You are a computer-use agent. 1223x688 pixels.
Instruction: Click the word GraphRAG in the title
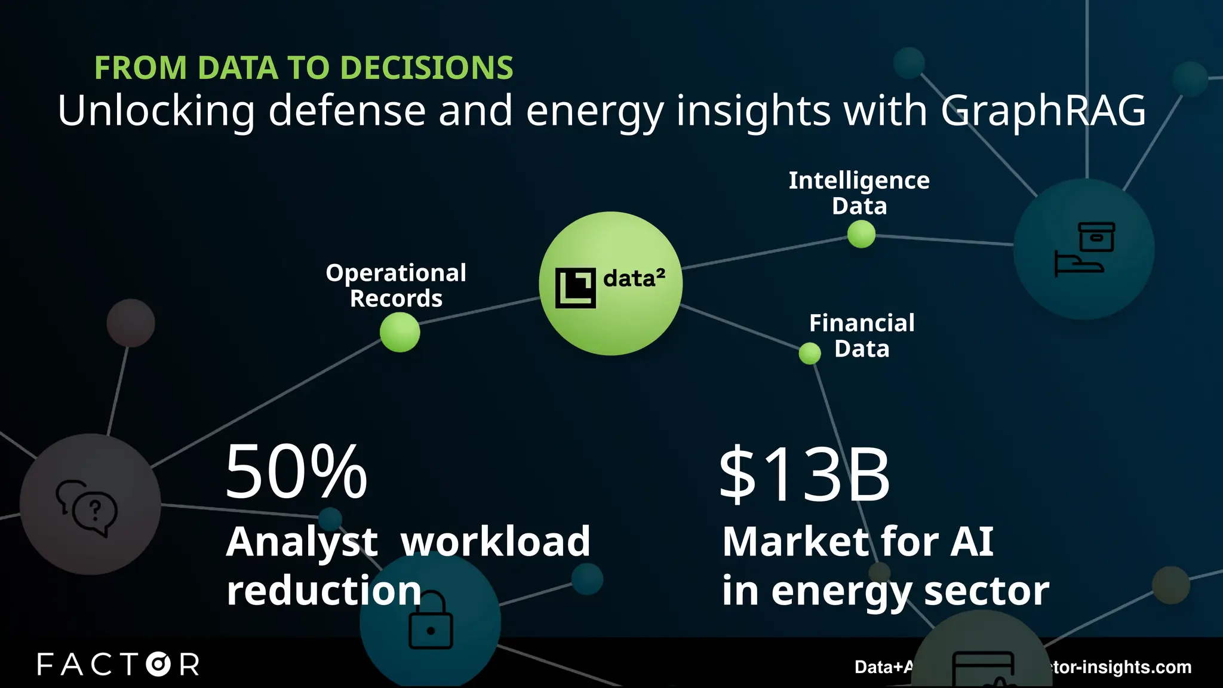(1043, 111)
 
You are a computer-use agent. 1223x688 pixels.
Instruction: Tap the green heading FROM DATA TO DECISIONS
(303, 67)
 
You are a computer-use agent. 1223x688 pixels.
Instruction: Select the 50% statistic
(296, 472)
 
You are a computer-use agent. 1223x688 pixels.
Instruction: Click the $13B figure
(804, 475)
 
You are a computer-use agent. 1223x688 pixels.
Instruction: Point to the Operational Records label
(396, 285)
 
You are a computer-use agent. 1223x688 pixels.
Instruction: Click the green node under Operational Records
(400, 332)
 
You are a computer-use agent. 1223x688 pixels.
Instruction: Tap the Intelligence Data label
(859, 193)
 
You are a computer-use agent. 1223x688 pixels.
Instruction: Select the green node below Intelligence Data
(861, 234)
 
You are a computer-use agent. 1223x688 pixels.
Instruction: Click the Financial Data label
(862, 336)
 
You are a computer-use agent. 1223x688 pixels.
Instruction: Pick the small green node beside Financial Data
(810, 354)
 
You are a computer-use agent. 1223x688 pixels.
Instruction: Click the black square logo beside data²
(575, 288)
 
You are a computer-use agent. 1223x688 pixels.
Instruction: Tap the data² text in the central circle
(634, 278)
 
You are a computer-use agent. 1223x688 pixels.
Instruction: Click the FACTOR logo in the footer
(118, 664)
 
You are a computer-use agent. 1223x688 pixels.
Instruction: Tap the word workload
(495, 542)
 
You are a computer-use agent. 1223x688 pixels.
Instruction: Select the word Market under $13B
(794, 542)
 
